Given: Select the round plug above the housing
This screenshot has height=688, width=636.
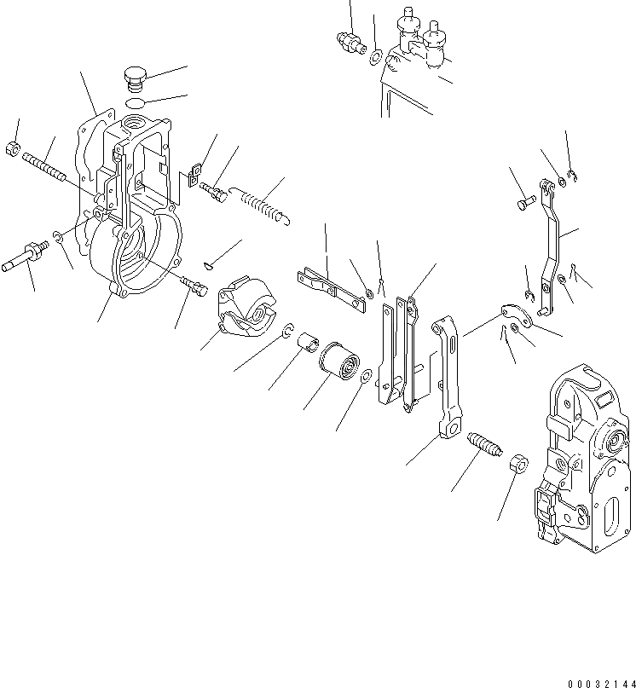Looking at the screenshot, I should [x=136, y=77].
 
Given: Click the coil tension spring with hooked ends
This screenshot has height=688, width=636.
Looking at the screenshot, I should [x=261, y=205].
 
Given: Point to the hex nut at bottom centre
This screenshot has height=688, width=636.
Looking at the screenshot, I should [x=517, y=465].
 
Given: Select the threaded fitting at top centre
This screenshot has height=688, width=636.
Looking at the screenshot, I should [x=348, y=41].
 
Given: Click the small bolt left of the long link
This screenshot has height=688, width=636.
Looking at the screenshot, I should [x=525, y=203].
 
